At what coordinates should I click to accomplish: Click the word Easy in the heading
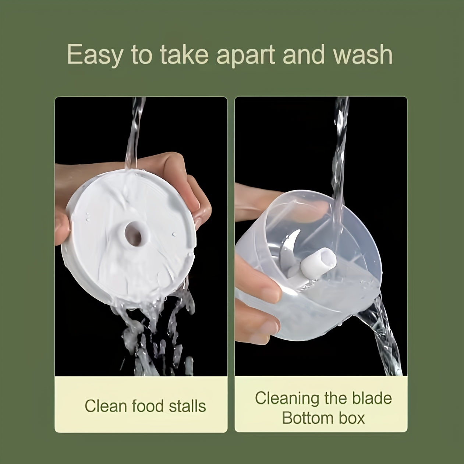click(95, 55)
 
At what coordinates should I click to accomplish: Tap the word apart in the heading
click(245, 55)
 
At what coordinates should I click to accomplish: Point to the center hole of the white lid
click(133, 233)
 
